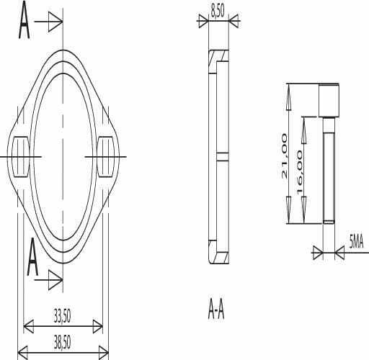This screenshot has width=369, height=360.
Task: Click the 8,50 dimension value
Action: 218,11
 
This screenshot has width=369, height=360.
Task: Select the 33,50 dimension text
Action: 63,316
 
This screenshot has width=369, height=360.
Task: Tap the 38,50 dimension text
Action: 63,343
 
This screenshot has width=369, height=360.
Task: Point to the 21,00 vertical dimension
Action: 284,156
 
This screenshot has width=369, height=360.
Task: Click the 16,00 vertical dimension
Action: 299,173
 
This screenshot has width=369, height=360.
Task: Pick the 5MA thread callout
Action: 356,243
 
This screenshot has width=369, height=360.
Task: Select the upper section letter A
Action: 25,20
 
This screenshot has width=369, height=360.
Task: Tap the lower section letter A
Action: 32,257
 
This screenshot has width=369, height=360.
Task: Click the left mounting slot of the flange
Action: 21,157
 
